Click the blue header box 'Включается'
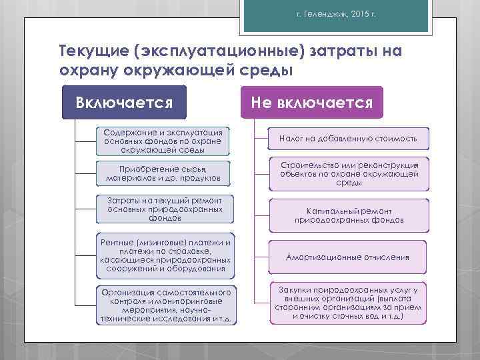[125, 103]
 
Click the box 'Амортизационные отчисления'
[347, 257]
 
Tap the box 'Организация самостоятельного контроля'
[166, 305]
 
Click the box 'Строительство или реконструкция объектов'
[349, 173]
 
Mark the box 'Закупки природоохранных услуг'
[349, 303]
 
